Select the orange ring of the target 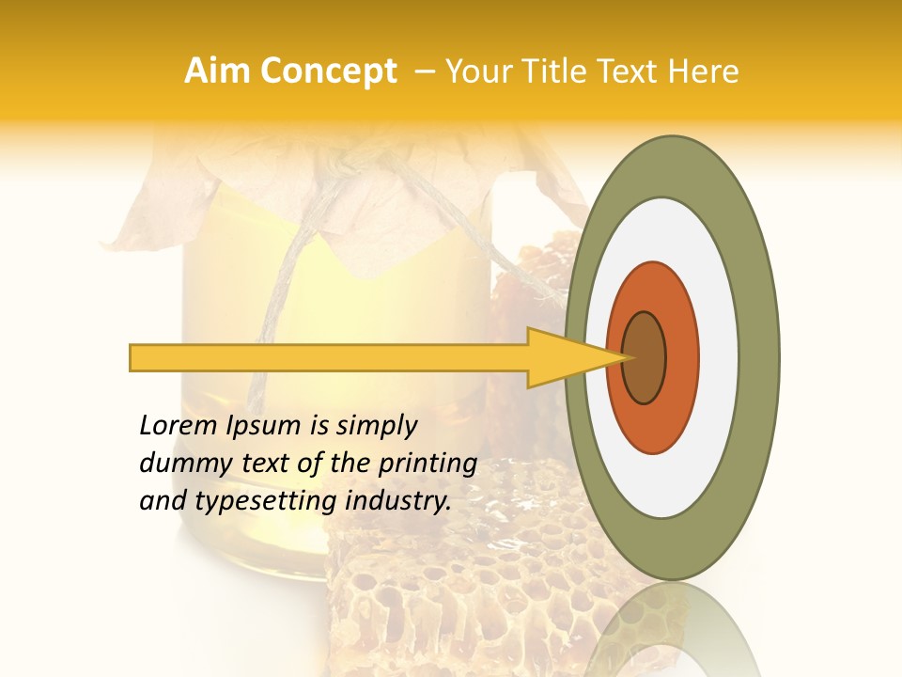pyautogui.click(x=681, y=357)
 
